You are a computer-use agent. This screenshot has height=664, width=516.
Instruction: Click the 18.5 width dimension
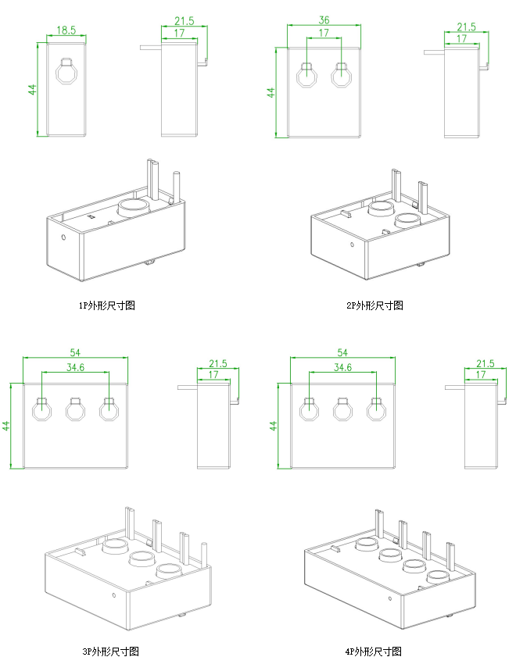66,30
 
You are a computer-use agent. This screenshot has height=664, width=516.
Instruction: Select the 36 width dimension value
324,20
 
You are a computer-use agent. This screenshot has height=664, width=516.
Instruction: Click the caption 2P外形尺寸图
374,305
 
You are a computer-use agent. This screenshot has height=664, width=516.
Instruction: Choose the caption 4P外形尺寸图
373,651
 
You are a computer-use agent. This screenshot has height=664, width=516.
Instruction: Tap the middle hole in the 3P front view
74,409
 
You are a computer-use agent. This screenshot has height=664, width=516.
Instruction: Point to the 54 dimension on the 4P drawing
342,353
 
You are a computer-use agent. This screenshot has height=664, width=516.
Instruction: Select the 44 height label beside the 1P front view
33,89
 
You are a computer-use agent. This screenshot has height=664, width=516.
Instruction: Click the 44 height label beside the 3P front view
6,427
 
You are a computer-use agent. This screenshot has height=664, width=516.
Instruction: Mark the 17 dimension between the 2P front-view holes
324,34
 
